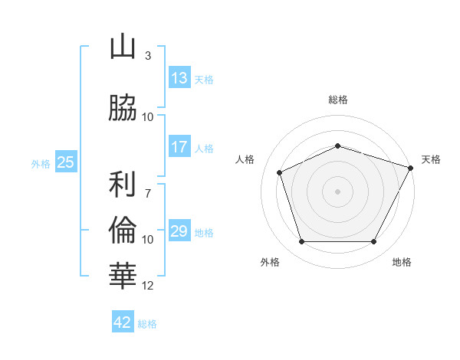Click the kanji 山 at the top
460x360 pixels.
tap(123, 47)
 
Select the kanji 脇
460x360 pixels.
tap(123, 108)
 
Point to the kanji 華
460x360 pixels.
tap(123, 273)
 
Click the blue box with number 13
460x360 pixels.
tap(179, 77)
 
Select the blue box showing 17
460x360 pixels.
tap(179, 147)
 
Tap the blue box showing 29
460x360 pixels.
tap(179, 231)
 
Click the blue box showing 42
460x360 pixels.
tap(123, 322)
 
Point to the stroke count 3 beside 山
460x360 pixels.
tap(148, 56)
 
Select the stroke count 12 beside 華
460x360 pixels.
tap(148, 286)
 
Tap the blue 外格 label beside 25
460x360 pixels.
tap(41, 163)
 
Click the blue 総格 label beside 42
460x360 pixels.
tap(147, 324)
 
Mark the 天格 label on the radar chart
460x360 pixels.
tap(431, 159)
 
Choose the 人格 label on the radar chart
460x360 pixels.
tap(245, 159)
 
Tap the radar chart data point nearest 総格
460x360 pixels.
tap(337, 146)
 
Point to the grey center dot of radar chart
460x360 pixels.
tap(337, 191)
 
